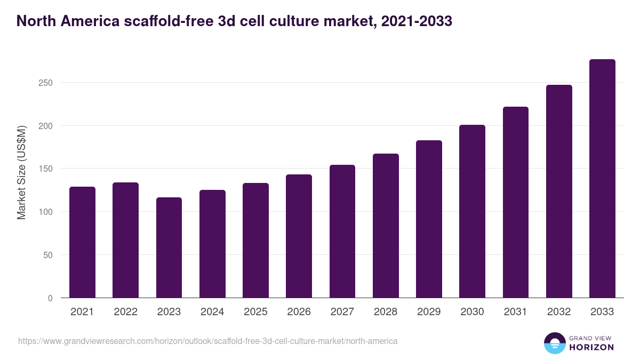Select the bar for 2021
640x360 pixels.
(82, 242)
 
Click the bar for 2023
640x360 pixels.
(169, 247)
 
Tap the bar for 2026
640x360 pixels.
(299, 236)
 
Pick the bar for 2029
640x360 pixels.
(429, 219)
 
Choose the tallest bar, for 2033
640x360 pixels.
(602, 179)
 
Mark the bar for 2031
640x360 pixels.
(515, 202)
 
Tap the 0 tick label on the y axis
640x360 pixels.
(50, 298)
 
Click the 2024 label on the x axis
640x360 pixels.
(212, 312)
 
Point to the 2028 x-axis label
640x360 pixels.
(386, 312)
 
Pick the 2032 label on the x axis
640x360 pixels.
(559, 312)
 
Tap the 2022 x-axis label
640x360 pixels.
(125, 312)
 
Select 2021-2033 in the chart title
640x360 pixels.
(415, 21)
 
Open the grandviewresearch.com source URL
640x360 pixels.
(207, 341)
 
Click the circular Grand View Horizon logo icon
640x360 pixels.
(554, 343)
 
